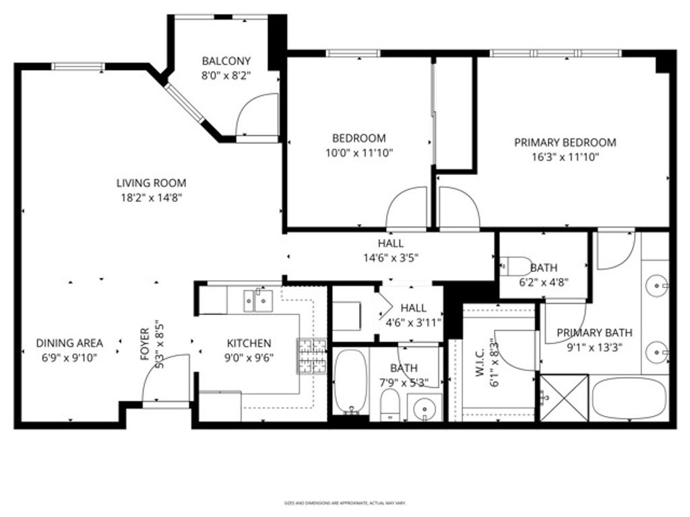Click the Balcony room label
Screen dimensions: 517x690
pyautogui.click(x=226, y=61)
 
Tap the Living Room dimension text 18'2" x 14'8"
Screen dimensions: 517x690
pyautogui.click(x=151, y=197)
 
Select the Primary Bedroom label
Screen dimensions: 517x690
pyautogui.click(x=565, y=143)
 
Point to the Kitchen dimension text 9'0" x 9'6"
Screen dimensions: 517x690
pyautogui.click(x=249, y=358)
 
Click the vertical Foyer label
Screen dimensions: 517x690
pyautogui.click(x=145, y=344)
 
